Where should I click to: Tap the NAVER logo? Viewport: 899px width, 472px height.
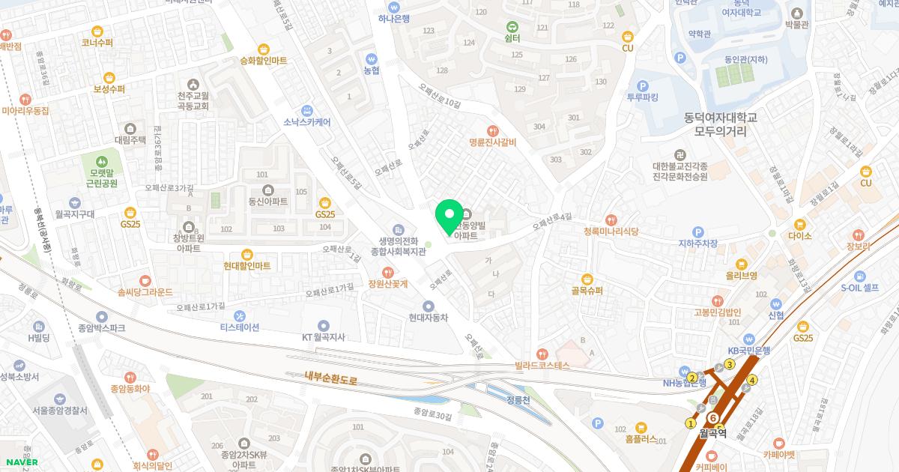[21, 462]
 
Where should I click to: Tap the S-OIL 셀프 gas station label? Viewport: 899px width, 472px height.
[859, 288]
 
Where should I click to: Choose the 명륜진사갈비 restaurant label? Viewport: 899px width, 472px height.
[492, 142]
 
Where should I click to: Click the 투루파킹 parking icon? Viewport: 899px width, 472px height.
[642, 85]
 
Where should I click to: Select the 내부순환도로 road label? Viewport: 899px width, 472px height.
[331, 379]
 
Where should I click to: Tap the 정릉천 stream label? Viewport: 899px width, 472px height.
[518, 400]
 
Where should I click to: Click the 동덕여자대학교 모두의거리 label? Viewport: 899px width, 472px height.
[721, 124]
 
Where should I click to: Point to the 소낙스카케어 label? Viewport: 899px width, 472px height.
[306, 121]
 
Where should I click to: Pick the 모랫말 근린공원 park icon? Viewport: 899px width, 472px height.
[103, 160]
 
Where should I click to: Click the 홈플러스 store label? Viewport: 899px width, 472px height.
[635, 439]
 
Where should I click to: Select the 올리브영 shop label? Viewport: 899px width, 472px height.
[741, 276]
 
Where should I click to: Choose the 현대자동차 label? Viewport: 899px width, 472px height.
[429, 318]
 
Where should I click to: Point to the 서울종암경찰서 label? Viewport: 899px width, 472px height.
[60, 411]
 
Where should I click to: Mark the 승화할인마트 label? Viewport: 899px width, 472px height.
[263, 61]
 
